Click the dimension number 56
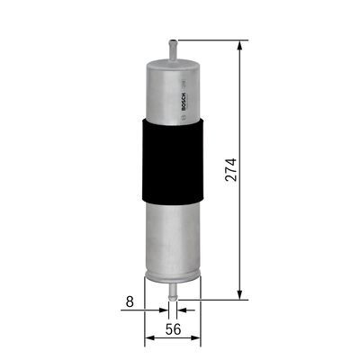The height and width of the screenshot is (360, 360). [173, 330]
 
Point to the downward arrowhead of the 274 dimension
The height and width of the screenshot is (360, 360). [238, 292]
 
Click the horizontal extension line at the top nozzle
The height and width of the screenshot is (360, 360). [211, 40]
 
